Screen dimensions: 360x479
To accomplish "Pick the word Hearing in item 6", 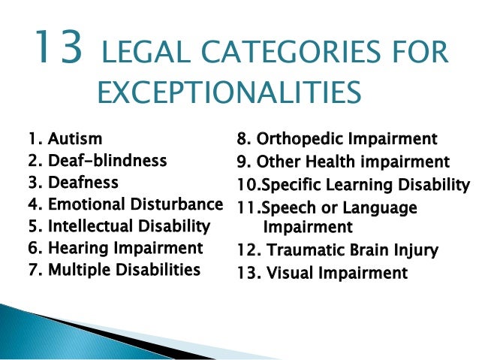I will click(x=75, y=247).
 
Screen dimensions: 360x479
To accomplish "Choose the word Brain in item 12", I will click(x=366, y=250).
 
